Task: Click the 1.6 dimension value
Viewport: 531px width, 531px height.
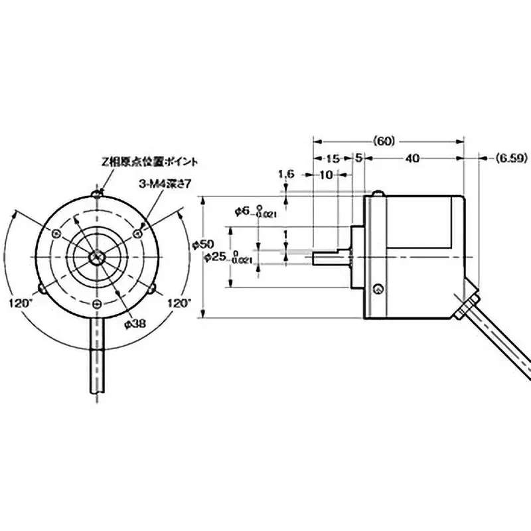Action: click(286, 174)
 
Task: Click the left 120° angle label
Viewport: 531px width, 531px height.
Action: click(21, 302)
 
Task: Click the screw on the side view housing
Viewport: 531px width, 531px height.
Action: click(378, 289)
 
